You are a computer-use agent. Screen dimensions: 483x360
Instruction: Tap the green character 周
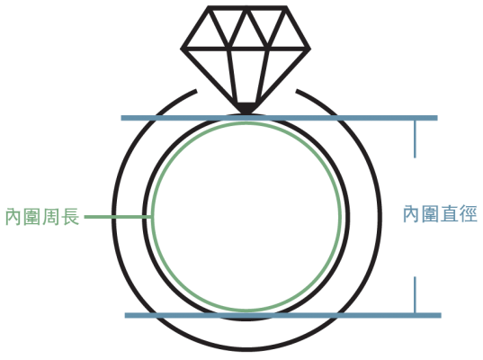click(x=51, y=217)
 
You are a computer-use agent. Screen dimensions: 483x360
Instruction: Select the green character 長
click(x=70, y=217)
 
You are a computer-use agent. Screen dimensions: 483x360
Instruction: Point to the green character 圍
click(x=32, y=217)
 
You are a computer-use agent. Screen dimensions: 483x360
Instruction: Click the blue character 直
click(x=450, y=213)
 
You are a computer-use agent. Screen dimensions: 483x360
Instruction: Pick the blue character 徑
click(x=469, y=213)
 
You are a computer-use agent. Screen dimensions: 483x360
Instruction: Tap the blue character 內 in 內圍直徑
click(x=412, y=213)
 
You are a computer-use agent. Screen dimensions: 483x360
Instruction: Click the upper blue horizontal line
click(x=279, y=118)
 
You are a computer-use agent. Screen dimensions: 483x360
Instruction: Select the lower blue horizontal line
click(x=282, y=315)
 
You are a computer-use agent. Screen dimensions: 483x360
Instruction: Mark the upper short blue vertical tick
click(x=415, y=139)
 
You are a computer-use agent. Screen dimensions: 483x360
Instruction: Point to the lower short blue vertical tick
click(x=415, y=294)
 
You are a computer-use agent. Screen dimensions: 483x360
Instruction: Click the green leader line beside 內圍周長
click(x=118, y=217)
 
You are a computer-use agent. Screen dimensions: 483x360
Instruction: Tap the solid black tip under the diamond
click(x=247, y=109)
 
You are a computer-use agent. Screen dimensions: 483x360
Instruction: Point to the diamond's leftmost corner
click(x=182, y=49)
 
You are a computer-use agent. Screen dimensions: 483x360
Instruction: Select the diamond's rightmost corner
click(x=309, y=49)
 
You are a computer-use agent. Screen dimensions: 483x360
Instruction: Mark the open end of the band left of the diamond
click(x=196, y=91)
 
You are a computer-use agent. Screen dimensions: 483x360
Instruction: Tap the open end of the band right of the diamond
click(x=297, y=91)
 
